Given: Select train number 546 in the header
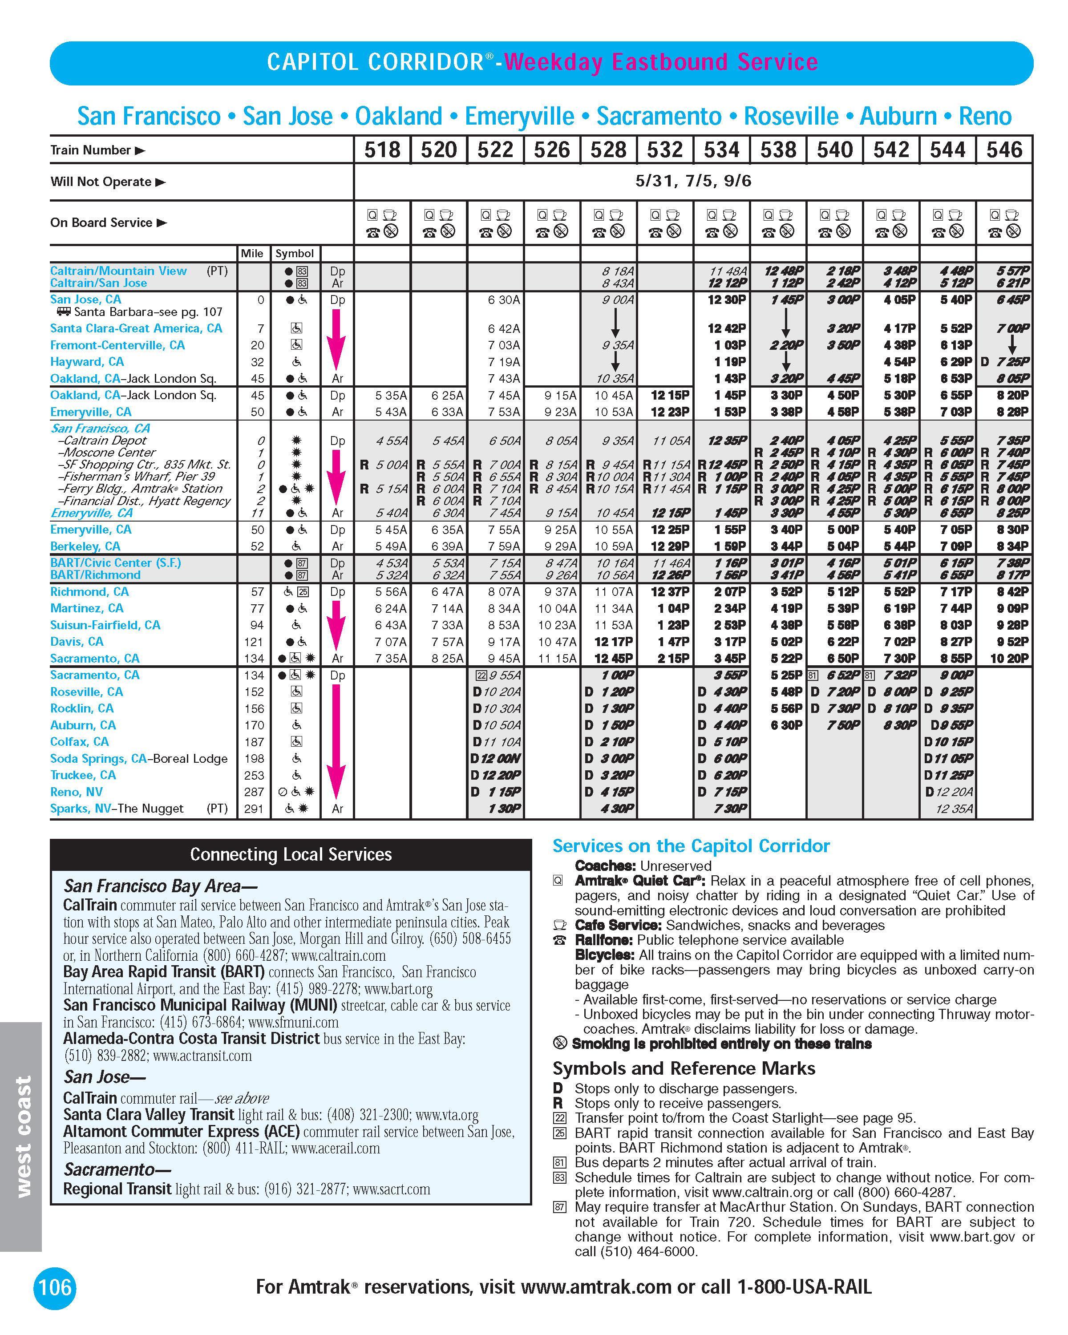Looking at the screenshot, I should [1004, 150].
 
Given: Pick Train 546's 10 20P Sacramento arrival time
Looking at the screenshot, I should [1009, 658].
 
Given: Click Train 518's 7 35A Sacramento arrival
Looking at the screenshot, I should [391, 658].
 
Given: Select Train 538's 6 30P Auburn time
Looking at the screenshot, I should [786, 725].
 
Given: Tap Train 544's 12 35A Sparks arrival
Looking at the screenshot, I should [954, 808].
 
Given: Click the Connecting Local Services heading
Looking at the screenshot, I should [291, 854].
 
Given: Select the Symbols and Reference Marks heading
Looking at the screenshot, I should [684, 1068].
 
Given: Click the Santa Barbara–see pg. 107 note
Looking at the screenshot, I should [147, 312].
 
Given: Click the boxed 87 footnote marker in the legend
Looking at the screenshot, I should [559, 1207].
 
